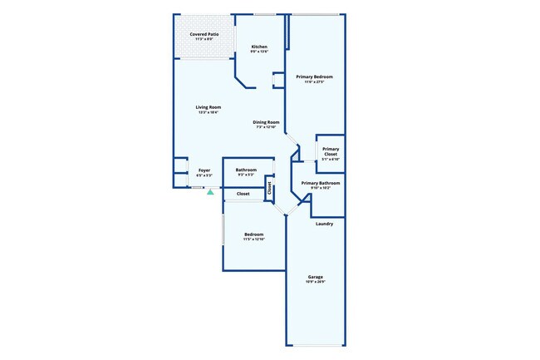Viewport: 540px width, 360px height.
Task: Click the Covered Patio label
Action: click(204, 34)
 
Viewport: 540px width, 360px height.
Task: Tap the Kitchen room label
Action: click(259, 47)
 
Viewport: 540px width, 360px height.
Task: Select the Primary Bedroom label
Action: click(315, 76)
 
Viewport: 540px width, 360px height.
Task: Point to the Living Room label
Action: click(209, 107)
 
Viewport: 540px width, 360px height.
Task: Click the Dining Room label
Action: click(267, 122)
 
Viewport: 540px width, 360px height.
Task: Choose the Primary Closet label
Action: click(331, 152)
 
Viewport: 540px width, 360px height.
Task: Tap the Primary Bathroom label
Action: click(321, 183)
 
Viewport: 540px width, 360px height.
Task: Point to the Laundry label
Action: click(325, 224)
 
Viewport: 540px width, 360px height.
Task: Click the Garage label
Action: click(316, 277)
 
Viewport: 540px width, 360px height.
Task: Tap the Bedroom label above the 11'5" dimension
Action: click(253, 234)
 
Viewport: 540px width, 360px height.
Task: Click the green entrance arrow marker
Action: click(211, 192)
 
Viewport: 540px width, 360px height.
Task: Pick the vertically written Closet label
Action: click(269, 188)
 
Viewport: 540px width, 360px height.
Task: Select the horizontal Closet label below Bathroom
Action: click(243, 194)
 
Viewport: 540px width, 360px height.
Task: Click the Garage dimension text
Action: click(316, 282)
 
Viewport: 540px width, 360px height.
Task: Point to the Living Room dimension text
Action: click(209, 113)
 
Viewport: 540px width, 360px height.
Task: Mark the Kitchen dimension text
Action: click(259, 52)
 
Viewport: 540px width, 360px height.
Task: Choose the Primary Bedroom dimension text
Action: click(315, 82)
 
